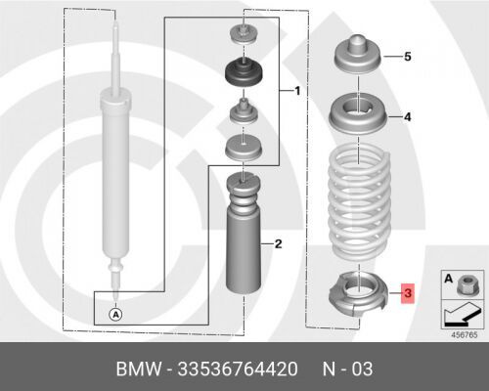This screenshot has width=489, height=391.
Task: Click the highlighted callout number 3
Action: click(408, 293)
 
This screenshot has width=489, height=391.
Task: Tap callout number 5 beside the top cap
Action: click(408, 57)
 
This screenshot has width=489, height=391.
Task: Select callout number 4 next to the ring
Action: click(408, 117)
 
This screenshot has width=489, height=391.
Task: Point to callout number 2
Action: click(278, 243)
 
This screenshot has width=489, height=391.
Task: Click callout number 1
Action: click(297, 91)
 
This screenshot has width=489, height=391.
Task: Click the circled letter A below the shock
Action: click(115, 315)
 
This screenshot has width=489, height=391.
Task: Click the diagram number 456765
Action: click(465, 335)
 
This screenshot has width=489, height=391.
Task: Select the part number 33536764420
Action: click(238, 369)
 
